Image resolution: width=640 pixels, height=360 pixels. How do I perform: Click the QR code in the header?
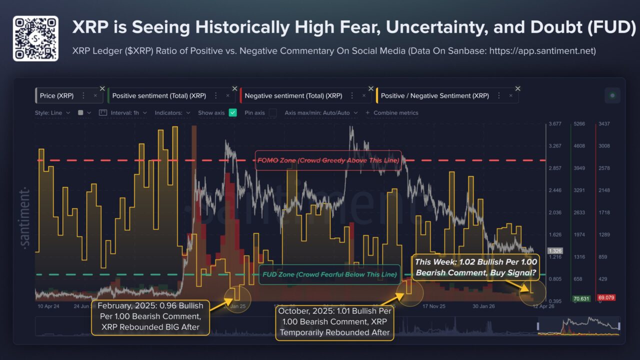click(x=35, y=38)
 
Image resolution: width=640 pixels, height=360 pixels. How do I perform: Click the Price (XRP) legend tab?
click(x=56, y=95)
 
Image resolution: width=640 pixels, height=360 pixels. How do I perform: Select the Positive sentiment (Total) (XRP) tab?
click(x=159, y=95)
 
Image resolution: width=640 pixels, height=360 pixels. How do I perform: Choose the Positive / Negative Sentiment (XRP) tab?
click(x=434, y=95)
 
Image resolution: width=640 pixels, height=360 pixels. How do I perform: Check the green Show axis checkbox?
click(x=232, y=113)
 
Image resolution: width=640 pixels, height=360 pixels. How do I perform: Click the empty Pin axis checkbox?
click(x=272, y=113)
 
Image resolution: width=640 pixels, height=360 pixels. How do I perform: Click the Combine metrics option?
click(x=395, y=113)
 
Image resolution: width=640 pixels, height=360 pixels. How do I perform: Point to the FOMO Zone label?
click(x=328, y=160)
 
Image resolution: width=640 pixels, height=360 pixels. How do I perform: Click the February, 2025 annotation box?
click(x=150, y=316)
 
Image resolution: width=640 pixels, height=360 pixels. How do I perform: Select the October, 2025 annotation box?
click(x=335, y=321)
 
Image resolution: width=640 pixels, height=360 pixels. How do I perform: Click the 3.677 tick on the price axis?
click(x=554, y=124)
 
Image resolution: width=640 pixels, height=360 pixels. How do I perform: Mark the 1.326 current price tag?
click(x=554, y=250)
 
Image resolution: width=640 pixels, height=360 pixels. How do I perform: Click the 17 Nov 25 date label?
click(x=433, y=306)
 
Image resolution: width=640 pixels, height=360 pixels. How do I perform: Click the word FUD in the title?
click(x=612, y=27)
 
